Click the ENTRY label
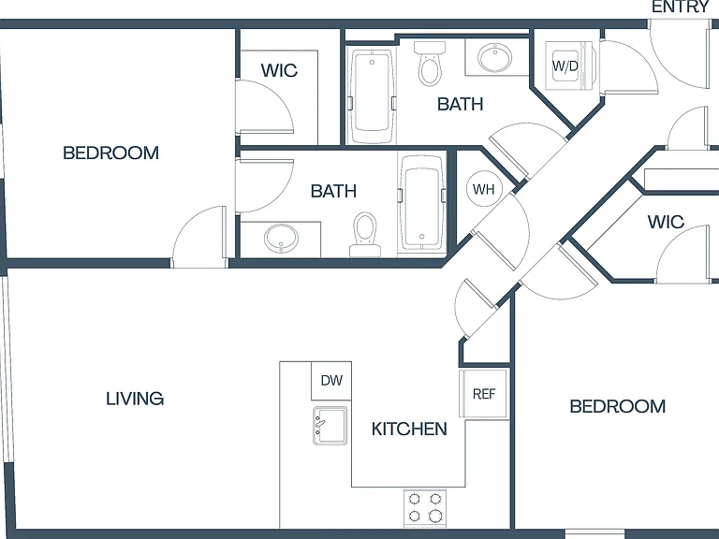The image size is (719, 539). coord(681,7)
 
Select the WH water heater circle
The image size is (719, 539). coord(484,189)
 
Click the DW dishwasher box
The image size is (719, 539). coord(331,381)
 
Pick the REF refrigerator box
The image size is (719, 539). coord(484,394)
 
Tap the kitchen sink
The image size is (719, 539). coord(330,426)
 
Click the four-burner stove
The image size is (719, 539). coord(425,508)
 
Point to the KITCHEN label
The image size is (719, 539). coord(409,429)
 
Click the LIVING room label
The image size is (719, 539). coord(135,399)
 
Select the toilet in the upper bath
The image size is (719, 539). coord(430,64)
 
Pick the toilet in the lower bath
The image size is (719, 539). coord(365,234)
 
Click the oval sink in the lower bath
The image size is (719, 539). coord(281,239)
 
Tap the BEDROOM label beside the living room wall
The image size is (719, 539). coord(111,153)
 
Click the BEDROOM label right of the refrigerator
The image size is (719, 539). coord(618,406)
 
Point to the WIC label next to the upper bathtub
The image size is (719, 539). coord(279,70)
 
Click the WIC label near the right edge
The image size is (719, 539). coord(666,223)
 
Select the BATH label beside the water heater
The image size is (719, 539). coord(333,191)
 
